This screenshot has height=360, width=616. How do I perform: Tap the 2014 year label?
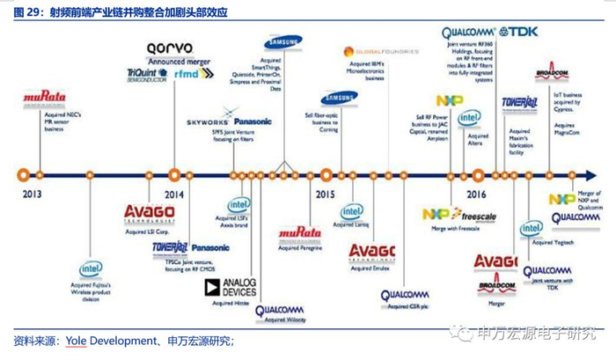click(174, 194)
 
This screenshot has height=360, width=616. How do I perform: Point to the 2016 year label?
click(476, 194)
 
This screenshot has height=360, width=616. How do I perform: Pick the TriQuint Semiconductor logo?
click(145, 75)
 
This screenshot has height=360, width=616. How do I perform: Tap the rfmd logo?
click(187, 75)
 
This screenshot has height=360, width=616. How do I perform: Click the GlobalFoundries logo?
click(376, 53)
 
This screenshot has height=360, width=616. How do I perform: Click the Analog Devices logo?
click(231, 287)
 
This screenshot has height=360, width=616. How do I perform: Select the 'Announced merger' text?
click(173, 62)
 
